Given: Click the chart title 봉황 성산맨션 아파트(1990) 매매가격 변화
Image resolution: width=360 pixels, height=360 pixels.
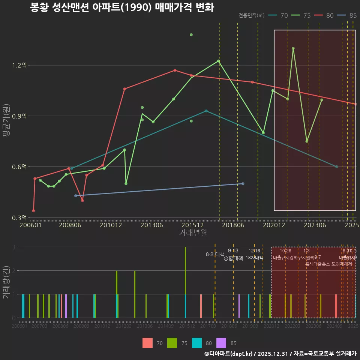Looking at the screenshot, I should pyautogui.click(x=122, y=7).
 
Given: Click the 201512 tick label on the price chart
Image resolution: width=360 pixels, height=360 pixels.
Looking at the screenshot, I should pyautogui.click(x=192, y=225).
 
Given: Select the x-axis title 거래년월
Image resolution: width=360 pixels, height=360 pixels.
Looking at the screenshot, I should pyautogui.click(x=193, y=233).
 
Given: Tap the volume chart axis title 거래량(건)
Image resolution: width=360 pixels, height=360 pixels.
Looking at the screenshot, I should pyautogui.click(x=6, y=282).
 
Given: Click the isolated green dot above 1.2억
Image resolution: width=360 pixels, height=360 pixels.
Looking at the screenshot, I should pyautogui.click(x=191, y=35).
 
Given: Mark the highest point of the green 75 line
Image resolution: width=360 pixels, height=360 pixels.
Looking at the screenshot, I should pyautogui.click(x=293, y=48).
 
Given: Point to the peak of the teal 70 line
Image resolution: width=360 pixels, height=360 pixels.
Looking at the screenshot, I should pyautogui.click(x=206, y=111).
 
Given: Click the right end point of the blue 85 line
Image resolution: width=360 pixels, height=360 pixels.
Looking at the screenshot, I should pyautogui.click(x=243, y=183).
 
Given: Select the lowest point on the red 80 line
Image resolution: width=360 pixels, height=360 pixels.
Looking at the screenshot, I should pyautogui.click(x=33, y=211).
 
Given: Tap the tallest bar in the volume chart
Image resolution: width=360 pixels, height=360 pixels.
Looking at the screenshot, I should pyautogui.click(x=185, y=282).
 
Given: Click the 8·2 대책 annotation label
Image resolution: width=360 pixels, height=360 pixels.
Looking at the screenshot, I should pyautogui.click(x=215, y=254).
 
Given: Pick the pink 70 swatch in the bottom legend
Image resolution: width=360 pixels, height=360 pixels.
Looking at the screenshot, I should pyautogui.click(x=148, y=343).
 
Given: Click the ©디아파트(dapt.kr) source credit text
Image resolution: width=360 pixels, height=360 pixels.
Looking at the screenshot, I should pyautogui.click(x=229, y=354).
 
